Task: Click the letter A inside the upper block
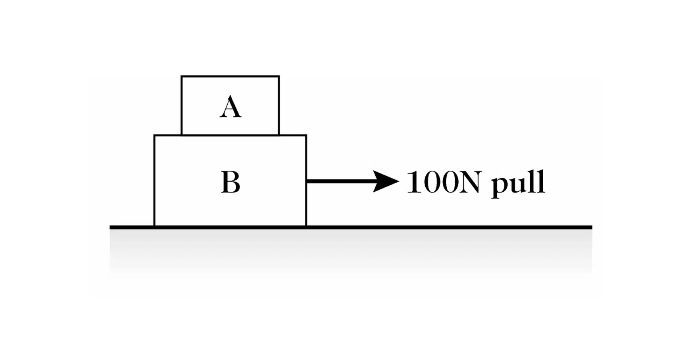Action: coord(231,106)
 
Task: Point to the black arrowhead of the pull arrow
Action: coord(386,181)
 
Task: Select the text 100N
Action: coord(444,182)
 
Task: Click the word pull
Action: coord(518,183)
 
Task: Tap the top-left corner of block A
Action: coord(181,76)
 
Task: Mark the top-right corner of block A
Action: coord(279,76)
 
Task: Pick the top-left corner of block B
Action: coord(154,135)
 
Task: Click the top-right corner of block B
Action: coord(306,135)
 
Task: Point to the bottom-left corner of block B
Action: coord(154,226)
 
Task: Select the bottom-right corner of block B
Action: coord(306,226)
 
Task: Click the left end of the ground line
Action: coord(110,227)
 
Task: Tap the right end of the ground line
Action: coord(592,227)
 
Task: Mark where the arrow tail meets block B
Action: coord(307,181)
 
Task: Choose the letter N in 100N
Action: coord(470,182)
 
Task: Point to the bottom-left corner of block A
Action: coord(181,135)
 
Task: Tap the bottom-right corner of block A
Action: coord(279,135)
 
